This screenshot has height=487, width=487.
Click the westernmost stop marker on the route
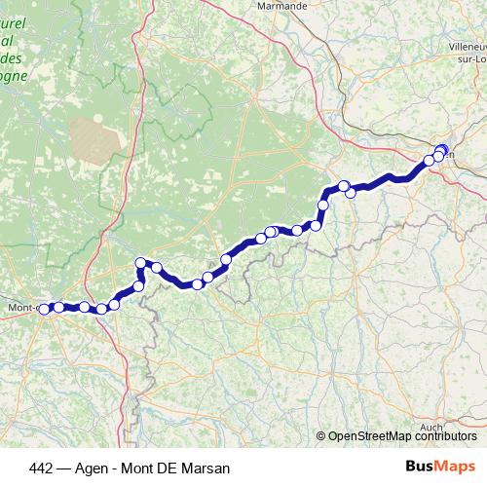coord(44,310)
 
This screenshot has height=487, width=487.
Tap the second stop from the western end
coord(58,308)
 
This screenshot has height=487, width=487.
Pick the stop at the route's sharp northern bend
coord(140,262)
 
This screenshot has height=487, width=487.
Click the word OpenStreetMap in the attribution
coord(368,436)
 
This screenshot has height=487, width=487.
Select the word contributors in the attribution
coord(444,436)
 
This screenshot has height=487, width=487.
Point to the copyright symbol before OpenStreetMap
coord(321,436)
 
